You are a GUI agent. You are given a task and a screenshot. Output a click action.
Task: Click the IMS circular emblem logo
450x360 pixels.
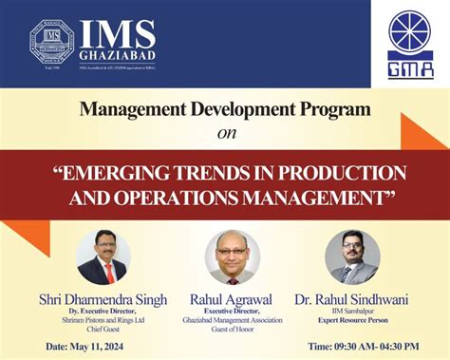pyautogui.click(x=51, y=41)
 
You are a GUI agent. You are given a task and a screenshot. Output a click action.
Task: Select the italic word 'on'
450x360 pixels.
pyautogui.click(x=225, y=133)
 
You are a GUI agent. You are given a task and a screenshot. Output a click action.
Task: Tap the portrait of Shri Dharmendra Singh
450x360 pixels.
pyautogui.click(x=103, y=257)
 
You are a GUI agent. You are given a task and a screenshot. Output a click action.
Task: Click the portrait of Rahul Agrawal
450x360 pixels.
pyautogui.click(x=231, y=257)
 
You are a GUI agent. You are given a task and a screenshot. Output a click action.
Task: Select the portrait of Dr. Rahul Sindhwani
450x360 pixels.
pyautogui.click(x=351, y=257)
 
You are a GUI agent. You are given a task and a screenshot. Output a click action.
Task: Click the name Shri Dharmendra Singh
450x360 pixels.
pyautogui.click(x=103, y=299)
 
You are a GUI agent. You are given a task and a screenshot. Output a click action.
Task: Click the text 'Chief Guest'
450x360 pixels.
pyautogui.click(x=103, y=328)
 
